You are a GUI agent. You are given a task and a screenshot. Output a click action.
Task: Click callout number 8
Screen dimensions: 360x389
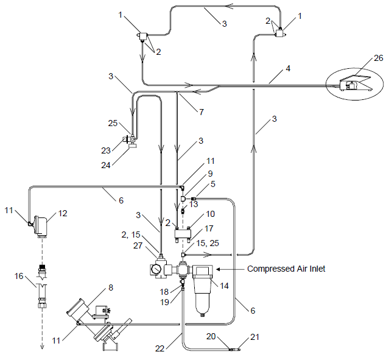click(111, 287)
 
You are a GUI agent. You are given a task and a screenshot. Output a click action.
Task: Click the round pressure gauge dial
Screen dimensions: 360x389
click(157, 269)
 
